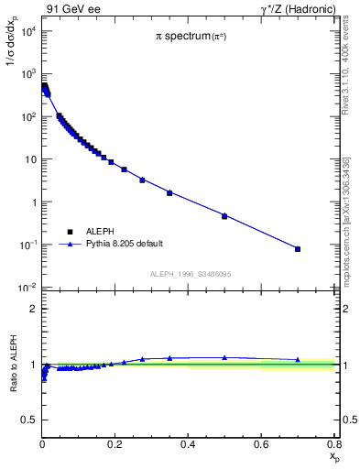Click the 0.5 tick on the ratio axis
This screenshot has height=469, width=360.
coord(29,420)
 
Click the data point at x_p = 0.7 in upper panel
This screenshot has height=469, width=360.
coord(298,249)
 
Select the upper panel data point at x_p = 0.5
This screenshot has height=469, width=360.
coord(224,216)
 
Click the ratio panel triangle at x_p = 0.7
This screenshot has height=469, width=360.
coord(298,360)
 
